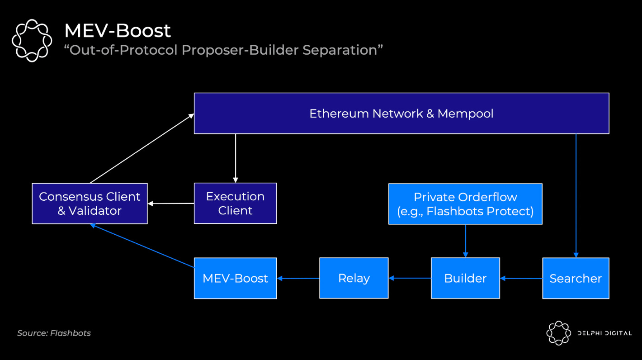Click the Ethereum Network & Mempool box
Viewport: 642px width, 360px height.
[x=401, y=113]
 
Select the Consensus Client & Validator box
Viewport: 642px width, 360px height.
[x=90, y=204]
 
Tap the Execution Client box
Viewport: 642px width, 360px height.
[x=235, y=203]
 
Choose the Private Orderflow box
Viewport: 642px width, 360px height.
[x=466, y=204]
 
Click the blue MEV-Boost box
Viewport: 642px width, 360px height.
[x=235, y=278]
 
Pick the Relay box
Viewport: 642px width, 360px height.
[x=354, y=278]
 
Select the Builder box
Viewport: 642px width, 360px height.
[x=466, y=278]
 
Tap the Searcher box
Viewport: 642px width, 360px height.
[x=576, y=278]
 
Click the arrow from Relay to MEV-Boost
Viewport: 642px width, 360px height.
[x=298, y=278]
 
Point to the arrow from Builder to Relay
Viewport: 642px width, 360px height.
[x=410, y=278]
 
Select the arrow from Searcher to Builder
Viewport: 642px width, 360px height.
[x=521, y=278]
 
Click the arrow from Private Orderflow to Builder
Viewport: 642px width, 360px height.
[x=466, y=241]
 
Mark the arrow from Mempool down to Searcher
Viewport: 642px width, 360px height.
[x=576, y=196]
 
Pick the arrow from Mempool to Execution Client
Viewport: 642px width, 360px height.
[x=236, y=158]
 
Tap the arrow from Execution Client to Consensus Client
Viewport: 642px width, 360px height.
[x=171, y=204]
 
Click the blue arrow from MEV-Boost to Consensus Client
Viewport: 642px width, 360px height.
[x=142, y=246]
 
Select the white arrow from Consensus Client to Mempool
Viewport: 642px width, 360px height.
[x=142, y=148]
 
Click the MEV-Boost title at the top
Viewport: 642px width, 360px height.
[x=118, y=30]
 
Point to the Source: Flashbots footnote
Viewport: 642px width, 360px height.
[x=54, y=333]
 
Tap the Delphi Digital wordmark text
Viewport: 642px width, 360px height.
[x=604, y=333]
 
